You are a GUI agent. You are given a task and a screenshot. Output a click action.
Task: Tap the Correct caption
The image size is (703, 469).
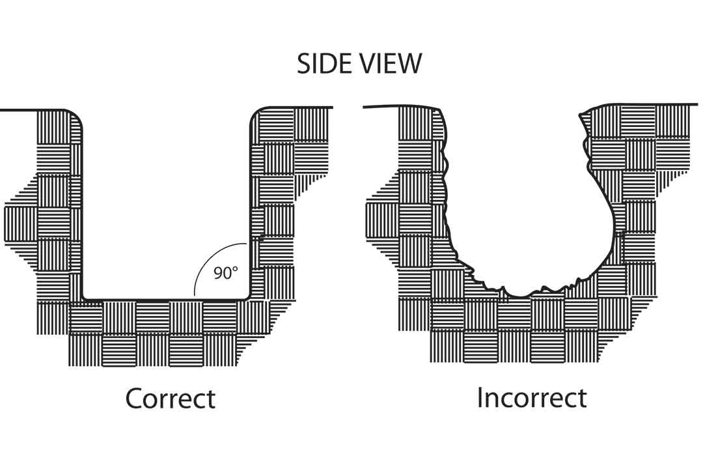click(170, 398)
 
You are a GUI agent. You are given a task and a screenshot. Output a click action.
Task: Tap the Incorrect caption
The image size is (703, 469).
click(532, 397)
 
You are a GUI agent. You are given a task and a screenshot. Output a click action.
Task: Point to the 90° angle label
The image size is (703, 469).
click(225, 273)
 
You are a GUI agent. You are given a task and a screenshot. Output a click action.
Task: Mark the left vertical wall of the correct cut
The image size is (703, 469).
click(82, 208)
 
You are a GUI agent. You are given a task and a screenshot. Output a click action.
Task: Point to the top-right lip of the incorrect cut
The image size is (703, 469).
click(583, 115)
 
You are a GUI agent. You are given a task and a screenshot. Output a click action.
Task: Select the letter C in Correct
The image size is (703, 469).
click(135, 398)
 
